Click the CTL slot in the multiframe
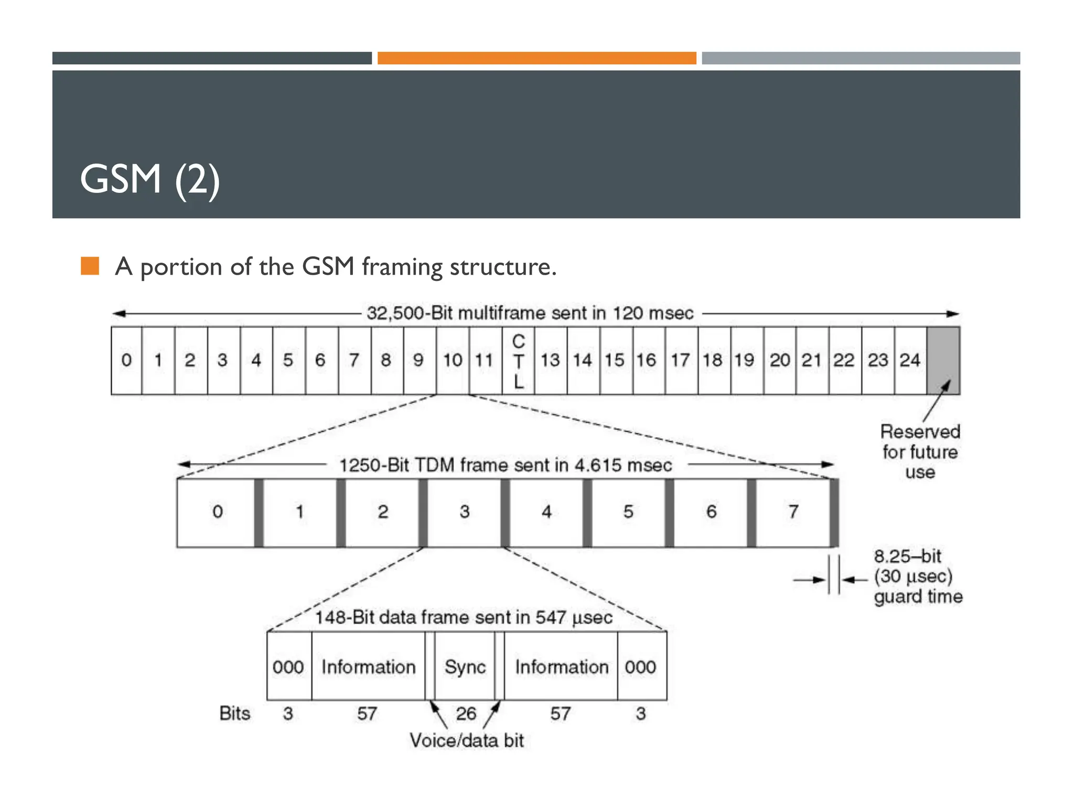click(518, 361)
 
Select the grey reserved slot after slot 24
click(943, 361)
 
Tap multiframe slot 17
click(680, 361)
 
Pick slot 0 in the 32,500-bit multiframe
click(126, 361)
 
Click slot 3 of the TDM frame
click(465, 512)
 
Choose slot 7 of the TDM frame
click(793, 512)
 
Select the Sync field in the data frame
click(465, 667)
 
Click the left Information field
click(368, 667)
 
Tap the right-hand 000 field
click(641, 667)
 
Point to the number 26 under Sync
click(466, 713)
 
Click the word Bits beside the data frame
click(234, 713)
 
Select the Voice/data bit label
click(466, 741)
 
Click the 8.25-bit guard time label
click(917, 576)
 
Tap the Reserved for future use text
click(920, 452)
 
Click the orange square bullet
click(90, 266)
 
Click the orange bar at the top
click(536, 58)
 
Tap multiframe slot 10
click(453, 361)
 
